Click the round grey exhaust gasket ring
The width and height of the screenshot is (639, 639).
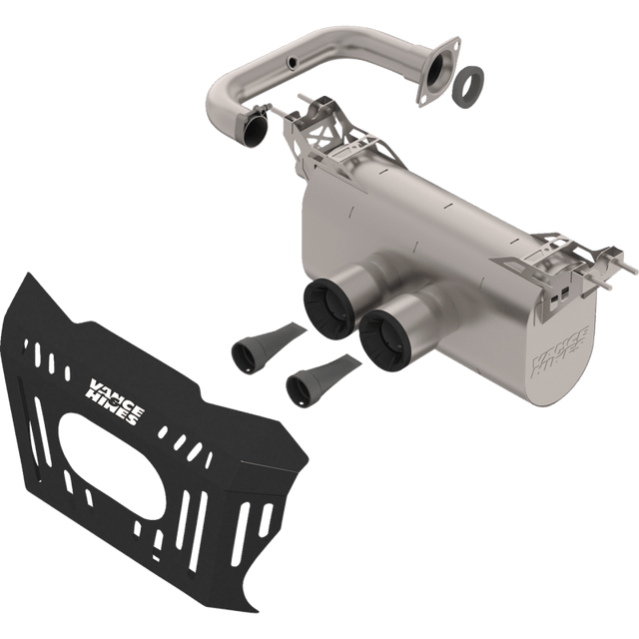pos(469,86)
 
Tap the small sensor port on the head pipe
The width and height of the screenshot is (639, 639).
pos(293,62)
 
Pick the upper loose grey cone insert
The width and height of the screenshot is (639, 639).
pos(266,341)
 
